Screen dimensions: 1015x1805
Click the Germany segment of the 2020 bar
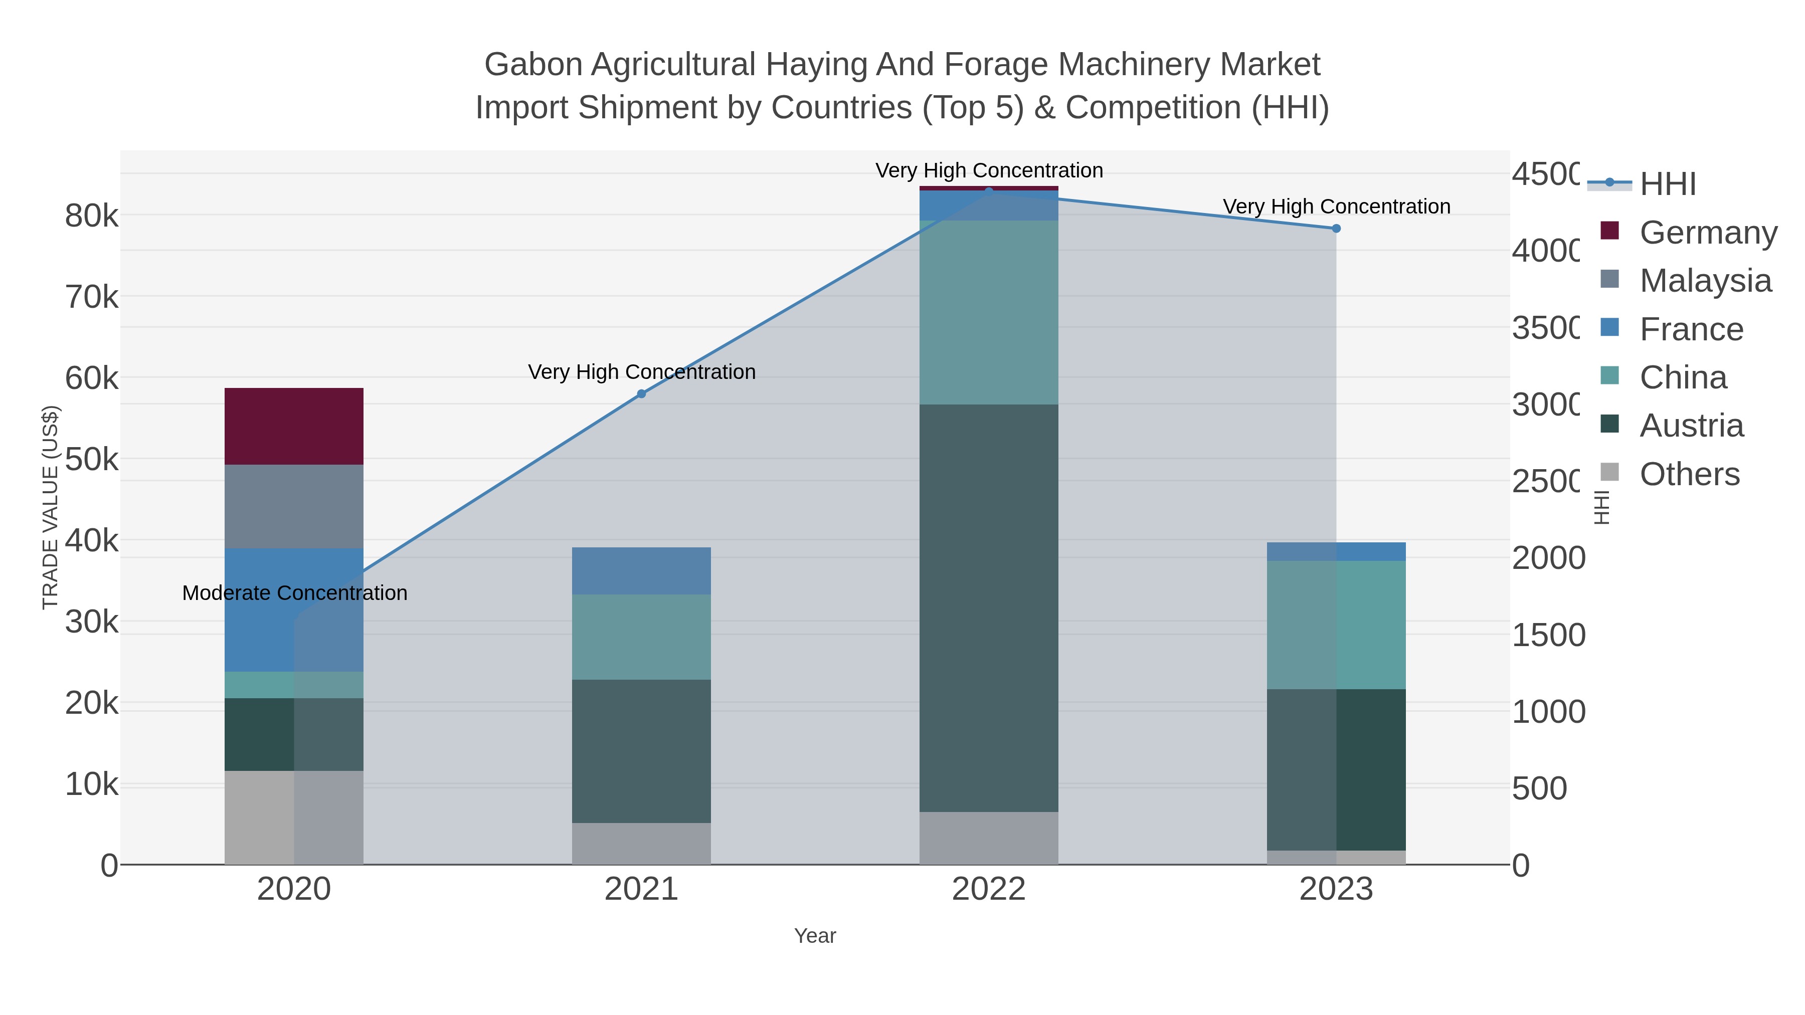click(x=294, y=426)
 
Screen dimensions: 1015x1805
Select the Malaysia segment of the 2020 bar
click(x=294, y=506)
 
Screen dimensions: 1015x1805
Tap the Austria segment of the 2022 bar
click(x=988, y=607)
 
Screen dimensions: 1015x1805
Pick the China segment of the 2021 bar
click(x=641, y=636)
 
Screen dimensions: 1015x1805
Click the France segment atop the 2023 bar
click(x=1336, y=551)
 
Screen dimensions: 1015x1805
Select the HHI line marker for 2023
click(x=1336, y=229)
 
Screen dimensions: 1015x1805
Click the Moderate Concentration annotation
click(x=294, y=592)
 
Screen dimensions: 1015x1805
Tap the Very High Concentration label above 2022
click(x=989, y=170)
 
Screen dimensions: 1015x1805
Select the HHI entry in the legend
click(x=1668, y=183)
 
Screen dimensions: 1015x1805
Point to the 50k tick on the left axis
click(x=91, y=460)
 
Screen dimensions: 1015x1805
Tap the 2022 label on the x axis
click(x=988, y=889)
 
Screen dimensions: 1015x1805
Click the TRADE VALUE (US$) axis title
click(x=51, y=507)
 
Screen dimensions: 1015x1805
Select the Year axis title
click(x=814, y=936)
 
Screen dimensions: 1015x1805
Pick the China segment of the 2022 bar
click(x=988, y=312)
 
